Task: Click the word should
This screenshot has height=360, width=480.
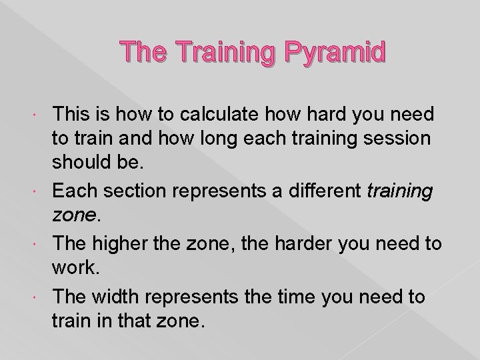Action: (87, 165)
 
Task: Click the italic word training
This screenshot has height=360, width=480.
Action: (401, 191)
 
